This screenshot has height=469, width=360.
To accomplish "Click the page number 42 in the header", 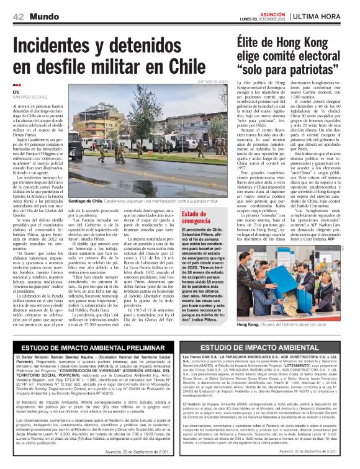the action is (x=18, y=16).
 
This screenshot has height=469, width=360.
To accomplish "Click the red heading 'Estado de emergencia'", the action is (x=196, y=217).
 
